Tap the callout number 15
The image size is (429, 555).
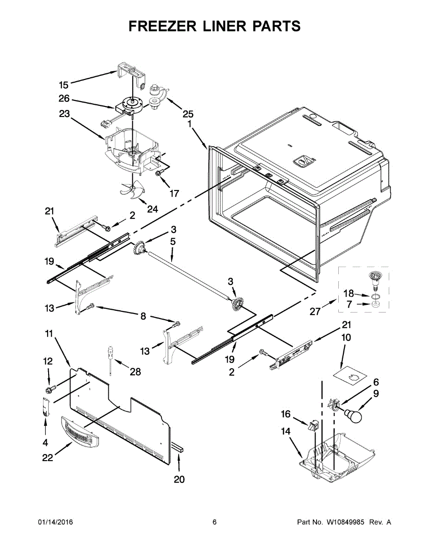[63, 85]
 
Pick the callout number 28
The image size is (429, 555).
[136, 371]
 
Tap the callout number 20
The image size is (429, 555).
[179, 480]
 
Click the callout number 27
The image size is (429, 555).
[315, 312]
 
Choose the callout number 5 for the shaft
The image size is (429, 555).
[173, 241]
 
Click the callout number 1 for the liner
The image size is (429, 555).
[189, 124]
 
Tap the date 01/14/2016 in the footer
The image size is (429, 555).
[55, 522]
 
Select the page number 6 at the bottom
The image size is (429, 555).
[214, 522]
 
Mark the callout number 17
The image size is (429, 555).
[174, 193]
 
